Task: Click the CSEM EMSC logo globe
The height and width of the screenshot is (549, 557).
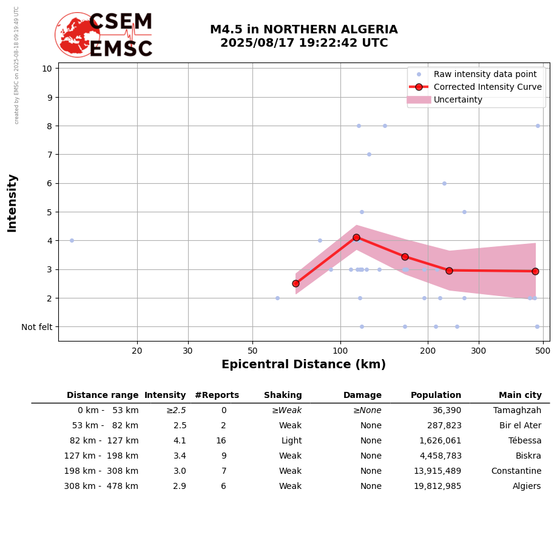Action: coord(77,35)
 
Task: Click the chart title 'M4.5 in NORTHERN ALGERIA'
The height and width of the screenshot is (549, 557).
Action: coord(303,30)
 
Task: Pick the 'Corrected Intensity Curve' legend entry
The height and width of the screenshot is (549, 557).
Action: coord(487,87)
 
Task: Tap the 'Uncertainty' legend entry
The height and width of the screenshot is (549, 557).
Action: coord(458,99)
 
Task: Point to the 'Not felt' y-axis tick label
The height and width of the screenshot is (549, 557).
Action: coord(37,327)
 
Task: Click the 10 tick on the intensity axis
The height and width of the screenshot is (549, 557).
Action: coord(47,68)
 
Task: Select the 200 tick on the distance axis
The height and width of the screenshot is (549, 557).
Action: coord(428,351)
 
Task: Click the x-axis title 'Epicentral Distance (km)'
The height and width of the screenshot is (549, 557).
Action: coord(303,365)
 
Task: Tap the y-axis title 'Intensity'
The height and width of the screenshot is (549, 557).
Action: coord(12,203)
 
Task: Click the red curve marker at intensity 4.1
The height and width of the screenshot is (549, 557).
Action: coord(356,238)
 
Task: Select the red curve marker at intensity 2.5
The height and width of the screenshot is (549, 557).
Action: coord(295,283)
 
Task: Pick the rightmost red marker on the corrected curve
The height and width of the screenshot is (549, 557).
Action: coord(535,271)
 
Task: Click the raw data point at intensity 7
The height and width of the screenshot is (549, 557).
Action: coord(369,154)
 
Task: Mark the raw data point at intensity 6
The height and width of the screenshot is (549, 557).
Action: coord(444,183)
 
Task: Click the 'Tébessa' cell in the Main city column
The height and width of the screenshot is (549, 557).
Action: coord(525,441)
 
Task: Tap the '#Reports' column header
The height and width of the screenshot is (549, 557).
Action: coord(217,396)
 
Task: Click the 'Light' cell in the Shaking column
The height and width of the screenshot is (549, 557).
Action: coord(291,441)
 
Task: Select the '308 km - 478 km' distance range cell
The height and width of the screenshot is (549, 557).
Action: coord(101,487)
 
